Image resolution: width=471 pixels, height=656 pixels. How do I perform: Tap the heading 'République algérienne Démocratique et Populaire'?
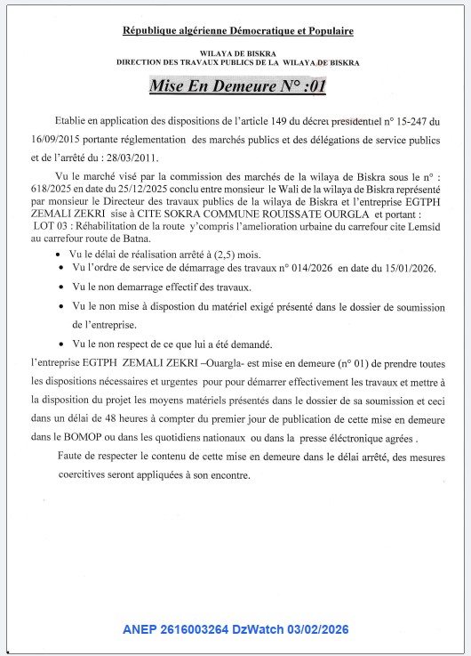pyautogui.click(x=237, y=31)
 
